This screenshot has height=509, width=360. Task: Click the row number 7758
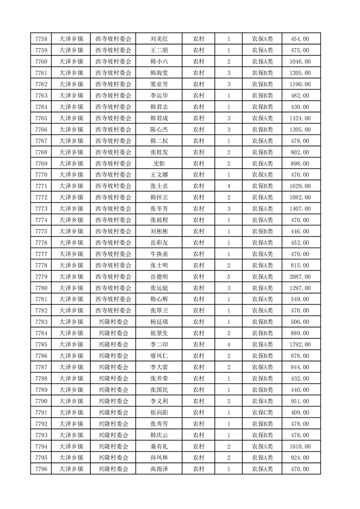(41, 39)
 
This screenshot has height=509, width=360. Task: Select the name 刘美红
(159, 39)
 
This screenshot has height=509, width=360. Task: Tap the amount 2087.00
(300, 277)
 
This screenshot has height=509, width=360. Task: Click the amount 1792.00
(300, 345)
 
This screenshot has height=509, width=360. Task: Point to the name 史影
(159, 163)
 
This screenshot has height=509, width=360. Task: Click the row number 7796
(41, 469)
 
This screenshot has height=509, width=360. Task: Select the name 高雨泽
(159, 469)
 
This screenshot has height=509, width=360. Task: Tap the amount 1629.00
(300, 186)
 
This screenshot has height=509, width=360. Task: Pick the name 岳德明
(159, 277)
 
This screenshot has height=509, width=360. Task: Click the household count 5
(228, 277)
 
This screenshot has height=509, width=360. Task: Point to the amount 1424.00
(300, 118)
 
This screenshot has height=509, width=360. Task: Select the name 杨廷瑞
(159, 322)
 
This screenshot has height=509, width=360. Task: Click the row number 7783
(41, 322)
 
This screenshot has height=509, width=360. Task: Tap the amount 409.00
(300, 412)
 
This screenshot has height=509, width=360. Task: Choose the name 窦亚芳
(159, 84)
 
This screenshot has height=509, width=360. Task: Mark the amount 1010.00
(300, 446)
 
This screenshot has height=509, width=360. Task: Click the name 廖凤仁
(159, 356)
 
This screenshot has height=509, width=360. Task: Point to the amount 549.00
(300, 299)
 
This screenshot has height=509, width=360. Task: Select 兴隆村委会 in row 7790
(113, 401)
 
